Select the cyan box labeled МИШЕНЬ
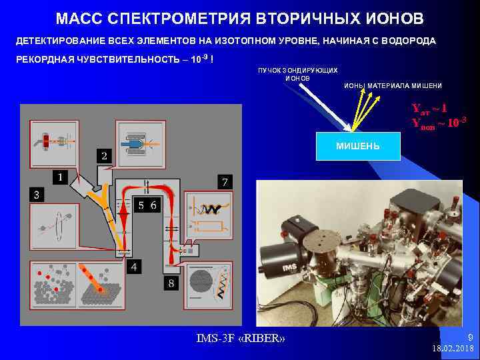point(358,146)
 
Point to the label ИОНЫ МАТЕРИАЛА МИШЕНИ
point(393,86)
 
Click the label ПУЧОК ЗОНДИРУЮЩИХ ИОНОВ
point(297,73)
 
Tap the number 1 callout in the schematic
point(61,177)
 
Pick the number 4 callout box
point(135,267)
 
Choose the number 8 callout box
point(171,284)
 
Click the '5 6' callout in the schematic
point(147,205)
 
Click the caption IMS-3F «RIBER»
point(241,339)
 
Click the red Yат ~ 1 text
point(429,108)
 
